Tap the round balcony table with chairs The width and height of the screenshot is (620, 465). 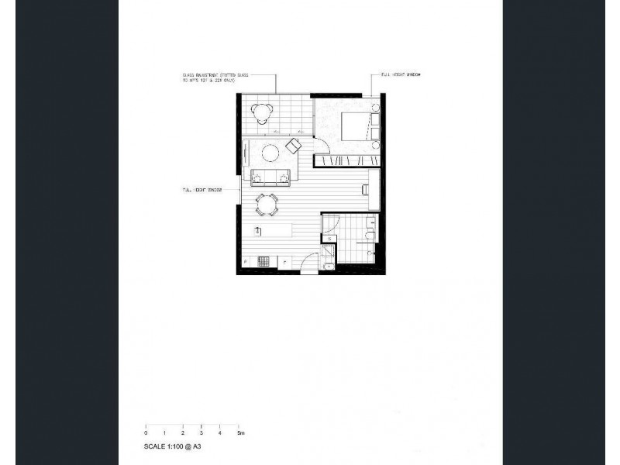point(263,113)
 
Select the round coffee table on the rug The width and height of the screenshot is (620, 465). point(271,153)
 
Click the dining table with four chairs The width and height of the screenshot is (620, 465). point(267,205)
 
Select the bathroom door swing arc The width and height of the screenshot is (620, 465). point(329,223)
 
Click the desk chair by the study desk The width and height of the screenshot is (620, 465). point(362,188)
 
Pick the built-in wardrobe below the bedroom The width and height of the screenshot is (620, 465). point(347,160)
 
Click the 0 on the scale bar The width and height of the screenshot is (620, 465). point(145,432)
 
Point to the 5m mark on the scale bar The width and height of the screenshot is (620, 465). point(241,432)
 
